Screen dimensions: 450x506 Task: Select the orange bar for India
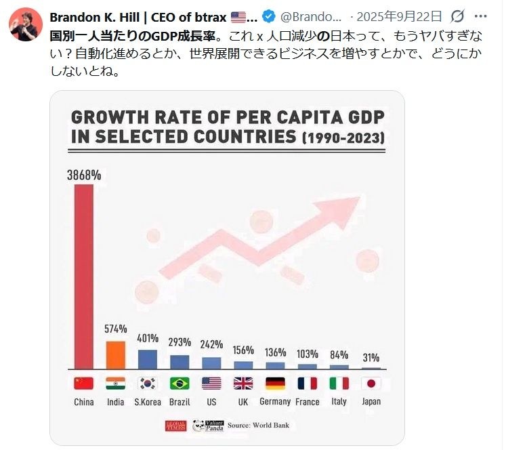point(116,354)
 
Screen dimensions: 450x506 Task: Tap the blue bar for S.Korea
point(148,359)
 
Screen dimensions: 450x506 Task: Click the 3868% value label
point(84,175)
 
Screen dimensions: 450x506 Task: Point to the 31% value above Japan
point(371,358)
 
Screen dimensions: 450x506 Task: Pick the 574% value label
point(116,329)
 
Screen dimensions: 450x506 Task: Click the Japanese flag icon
point(371,384)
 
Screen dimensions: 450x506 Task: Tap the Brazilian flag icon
point(180,384)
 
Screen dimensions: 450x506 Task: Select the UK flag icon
point(243,384)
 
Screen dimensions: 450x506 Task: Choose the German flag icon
point(275,384)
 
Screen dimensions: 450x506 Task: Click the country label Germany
point(275,402)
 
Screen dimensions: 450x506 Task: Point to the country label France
point(307,402)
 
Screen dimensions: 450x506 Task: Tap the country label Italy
point(339,402)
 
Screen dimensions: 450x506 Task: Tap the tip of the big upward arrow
point(359,198)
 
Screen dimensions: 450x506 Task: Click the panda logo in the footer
point(201,426)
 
